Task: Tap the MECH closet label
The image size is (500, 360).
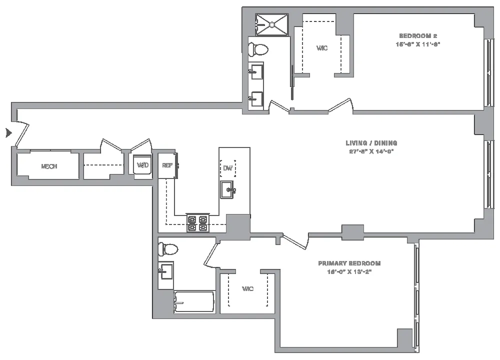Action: (x=48, y=166)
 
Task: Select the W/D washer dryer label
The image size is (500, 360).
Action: (x=142, y=165)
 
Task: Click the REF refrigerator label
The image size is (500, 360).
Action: (x=166, y=165)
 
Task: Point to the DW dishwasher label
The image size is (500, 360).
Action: (x=228, y=168)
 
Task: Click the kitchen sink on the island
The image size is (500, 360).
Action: (x=227, y=190)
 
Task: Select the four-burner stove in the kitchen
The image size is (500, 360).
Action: (x=197, y=222)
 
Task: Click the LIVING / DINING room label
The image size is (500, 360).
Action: (x=371, y=143)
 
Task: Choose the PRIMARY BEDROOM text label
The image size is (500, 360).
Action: (x=349, y=263)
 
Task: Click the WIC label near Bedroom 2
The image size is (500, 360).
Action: (x=322, y=48)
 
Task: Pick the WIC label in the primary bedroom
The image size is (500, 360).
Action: (x=247, y=289)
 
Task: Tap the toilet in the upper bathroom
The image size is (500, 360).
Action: (x=259, y=49)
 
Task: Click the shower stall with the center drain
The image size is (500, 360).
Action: (x=271, y=24)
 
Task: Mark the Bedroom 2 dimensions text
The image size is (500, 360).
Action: (x=418, y=44)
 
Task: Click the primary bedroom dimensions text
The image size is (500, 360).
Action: (x=349, y=271)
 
